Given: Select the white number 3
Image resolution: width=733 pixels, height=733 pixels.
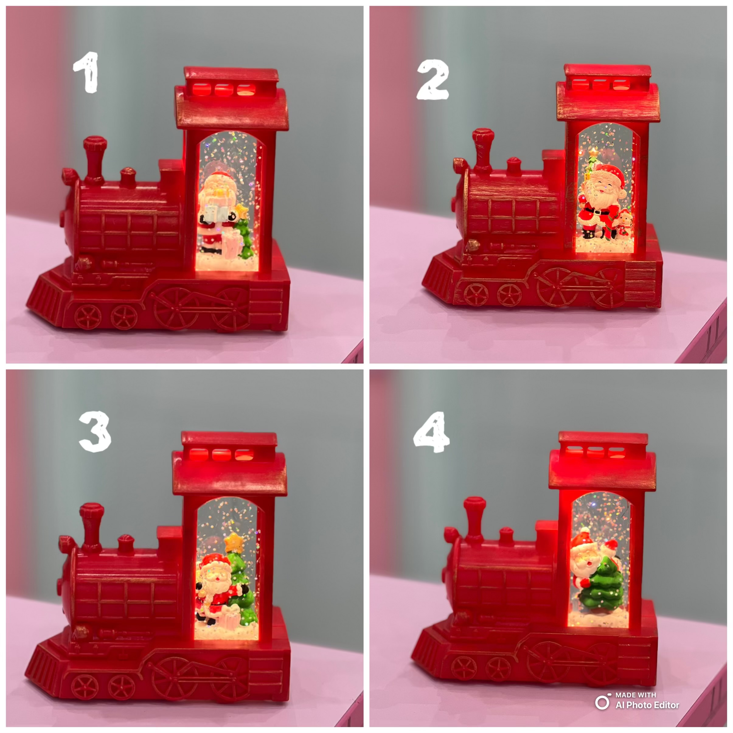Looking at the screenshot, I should tap(95, 432).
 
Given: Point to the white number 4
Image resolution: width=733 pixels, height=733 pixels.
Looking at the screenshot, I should tap(432, 432).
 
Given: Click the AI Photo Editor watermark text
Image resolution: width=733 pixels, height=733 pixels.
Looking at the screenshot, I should tap(647, 705).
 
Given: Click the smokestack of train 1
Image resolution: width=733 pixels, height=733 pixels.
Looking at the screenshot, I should tap(95, 159).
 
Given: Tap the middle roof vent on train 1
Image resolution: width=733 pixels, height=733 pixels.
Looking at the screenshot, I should tap(223, 89).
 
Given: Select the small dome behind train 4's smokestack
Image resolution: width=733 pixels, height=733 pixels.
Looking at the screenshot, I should tap(506, 535).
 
